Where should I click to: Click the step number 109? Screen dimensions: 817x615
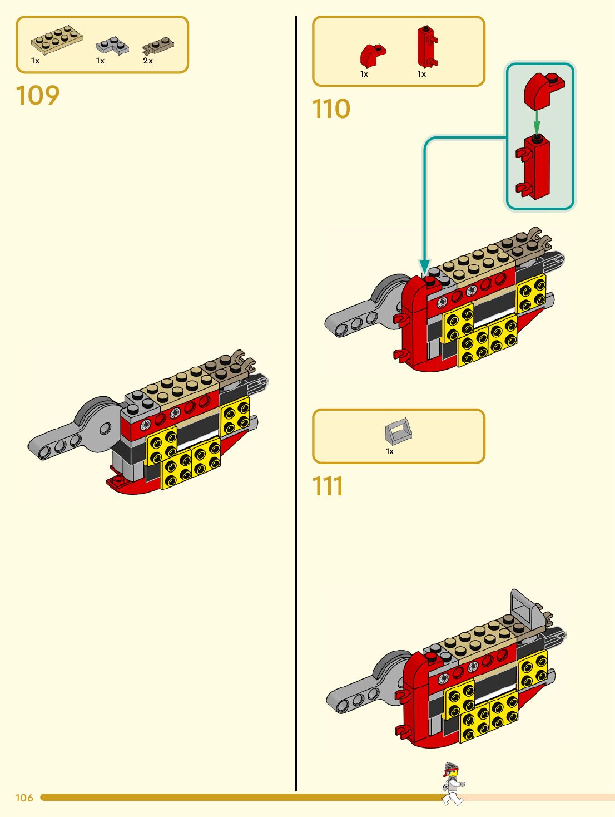pos(37,96)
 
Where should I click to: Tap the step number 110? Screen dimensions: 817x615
pos(331,109)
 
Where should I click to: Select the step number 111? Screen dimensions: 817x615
pos(328,486)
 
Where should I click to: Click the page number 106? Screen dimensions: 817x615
pos(24,798)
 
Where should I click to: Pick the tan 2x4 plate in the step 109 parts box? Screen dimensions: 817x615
pos(57,40)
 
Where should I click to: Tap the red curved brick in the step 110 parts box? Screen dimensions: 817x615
pos(371,55)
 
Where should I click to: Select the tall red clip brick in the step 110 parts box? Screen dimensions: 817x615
pos(426,47)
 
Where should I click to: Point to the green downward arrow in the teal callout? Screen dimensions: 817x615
pos(537,120)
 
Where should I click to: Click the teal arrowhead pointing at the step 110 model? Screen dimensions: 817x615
pos(425,267)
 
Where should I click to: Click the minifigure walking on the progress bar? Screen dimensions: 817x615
pos(453,784)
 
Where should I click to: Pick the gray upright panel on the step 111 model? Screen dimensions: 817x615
pos(523,607)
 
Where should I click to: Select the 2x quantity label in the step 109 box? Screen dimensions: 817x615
pos(148,61)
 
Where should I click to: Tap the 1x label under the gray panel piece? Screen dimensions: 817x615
pos(390,451)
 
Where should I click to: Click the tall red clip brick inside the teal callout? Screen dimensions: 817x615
pos(535,167)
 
